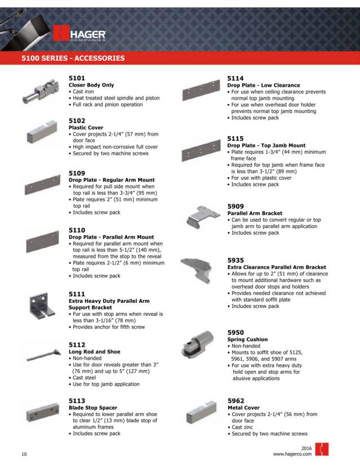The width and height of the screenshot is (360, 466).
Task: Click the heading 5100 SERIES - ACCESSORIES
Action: point(65,58)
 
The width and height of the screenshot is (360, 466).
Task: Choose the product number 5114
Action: point(237,79)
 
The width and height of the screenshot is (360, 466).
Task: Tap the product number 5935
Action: point(237,261)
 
